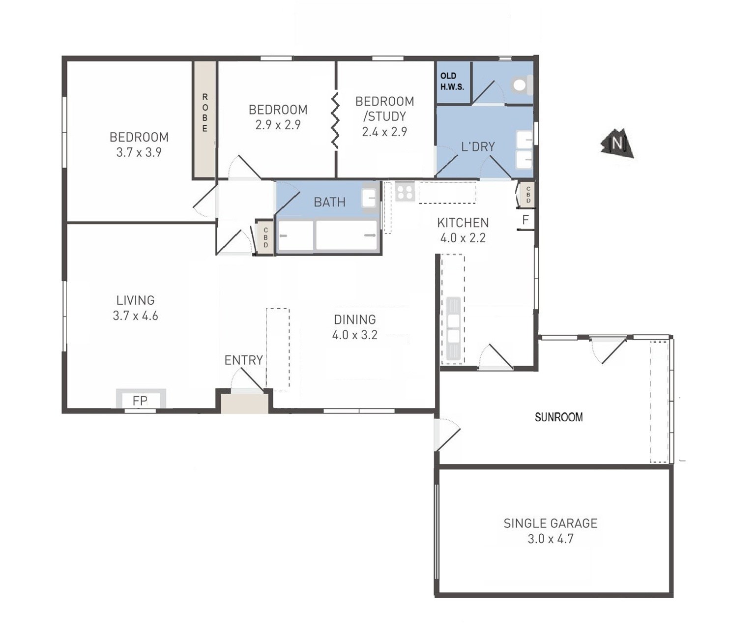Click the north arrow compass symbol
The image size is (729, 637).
[x=617, y=143]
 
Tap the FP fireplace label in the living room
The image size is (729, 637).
[x=140, y=401]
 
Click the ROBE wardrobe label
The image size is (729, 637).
[x=205, y=113]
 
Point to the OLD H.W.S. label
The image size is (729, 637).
[x=452, y=81]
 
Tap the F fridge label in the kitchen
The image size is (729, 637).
[x=525, y=220]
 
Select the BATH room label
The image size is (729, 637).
[x=329, y=203]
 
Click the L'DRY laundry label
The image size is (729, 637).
[x=478, y=146]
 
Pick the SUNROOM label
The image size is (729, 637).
[x=559, y=417]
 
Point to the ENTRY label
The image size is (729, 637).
[x=244, y=360]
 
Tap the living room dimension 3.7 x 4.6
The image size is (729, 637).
[x=135, y=316]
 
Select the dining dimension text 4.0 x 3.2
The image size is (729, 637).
[x=354, y=335]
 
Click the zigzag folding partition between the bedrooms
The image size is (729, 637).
[x=335, y=120]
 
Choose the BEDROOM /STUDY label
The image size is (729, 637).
[x=385, y=109]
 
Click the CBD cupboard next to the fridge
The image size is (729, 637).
[x=528, y=195]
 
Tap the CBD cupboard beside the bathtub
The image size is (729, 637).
[x=265, y=238]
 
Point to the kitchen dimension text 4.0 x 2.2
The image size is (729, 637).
[x=463, y=238]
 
